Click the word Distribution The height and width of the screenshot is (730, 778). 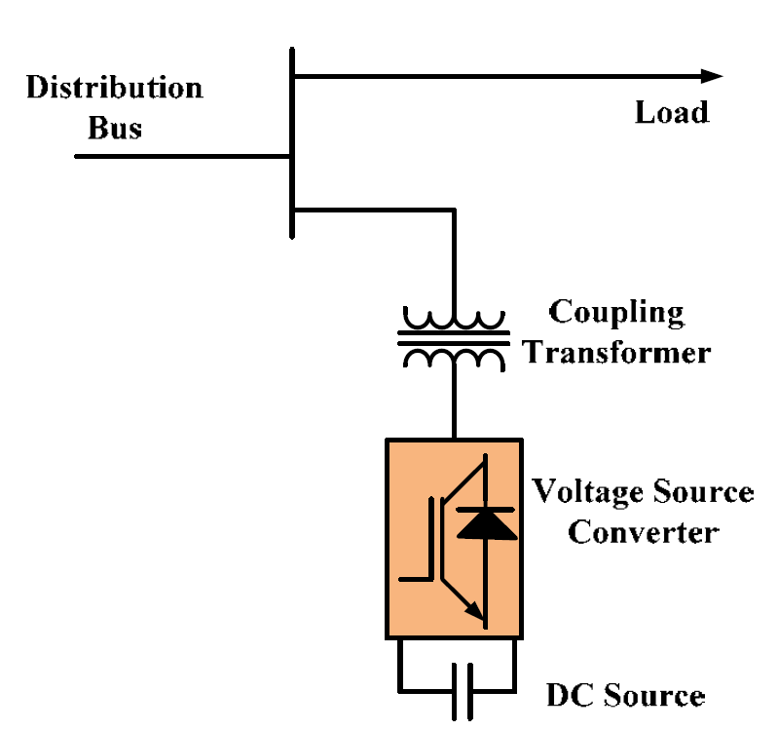tap(115, 88)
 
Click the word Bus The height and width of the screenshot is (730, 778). tap(115, 128)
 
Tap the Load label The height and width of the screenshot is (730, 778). tap(672, 112)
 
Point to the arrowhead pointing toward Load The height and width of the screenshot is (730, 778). tap(712, 76)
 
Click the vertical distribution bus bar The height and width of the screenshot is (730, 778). tap(292, 143)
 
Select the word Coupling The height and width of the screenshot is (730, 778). tap(616, 313)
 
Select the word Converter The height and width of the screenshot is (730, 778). tap(644, 533)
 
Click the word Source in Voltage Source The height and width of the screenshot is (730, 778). tap(704, 491)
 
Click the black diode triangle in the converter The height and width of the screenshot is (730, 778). tap(486, 525)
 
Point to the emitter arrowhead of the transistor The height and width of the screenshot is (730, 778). tap(475, 611)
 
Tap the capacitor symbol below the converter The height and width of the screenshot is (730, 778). tap(463, 691)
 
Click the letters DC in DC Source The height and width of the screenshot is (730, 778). tap(570, 695)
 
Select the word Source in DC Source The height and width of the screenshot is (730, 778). tap(654, 695)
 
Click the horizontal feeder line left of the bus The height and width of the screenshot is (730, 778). tap(183, 156)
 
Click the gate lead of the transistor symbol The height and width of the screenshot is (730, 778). tap(417, 579)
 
